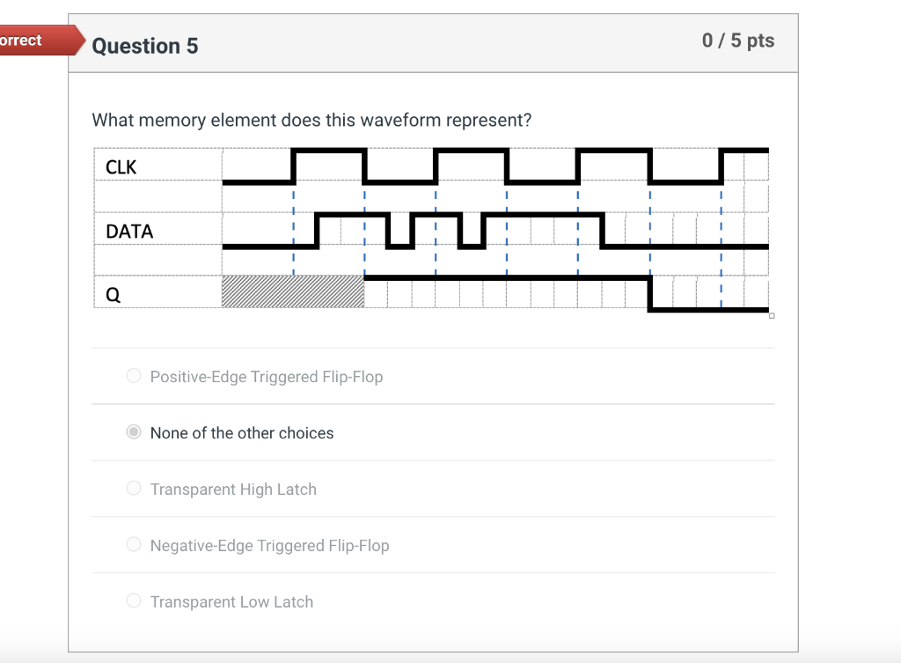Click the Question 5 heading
(144, 46)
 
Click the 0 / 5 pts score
(738, 41)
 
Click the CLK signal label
(121, 167)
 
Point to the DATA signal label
(129, 232)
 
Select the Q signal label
(113, 296)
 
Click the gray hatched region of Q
(293, 291)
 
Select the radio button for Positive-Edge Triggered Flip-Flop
(134, 376)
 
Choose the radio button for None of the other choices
(134, 432)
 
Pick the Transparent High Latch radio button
(134, 489)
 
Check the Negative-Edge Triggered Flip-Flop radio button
(134, 545)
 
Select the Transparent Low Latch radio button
(134, 601)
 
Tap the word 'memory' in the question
(172, 120)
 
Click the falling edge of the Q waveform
(649, 294)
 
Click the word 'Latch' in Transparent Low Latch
(293, 602)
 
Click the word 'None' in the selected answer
(168, 433)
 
